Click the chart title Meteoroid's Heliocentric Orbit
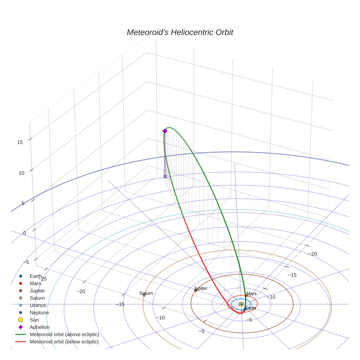pos(180,32)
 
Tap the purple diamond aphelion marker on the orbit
pos(165,131)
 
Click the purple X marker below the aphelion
pos(165,176)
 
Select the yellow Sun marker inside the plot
pos(241,304)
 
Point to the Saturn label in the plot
pos(146,293)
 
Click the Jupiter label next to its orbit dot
pos(201,288)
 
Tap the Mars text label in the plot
pos(251,293)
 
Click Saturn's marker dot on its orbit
pos(144,295)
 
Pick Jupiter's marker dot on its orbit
pos(196,290)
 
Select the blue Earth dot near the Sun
pos(245,310)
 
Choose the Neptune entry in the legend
pos(39,312)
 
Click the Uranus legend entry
pos(38,305)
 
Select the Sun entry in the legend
pos(35,320)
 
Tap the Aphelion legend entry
pos(40,327)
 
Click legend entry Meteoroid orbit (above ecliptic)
pos(64,334)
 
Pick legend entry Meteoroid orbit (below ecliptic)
pos(64,342)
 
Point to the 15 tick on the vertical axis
pos(20,142)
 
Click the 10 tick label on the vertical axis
pos(21,173)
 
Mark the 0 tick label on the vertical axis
pos(25,233)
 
